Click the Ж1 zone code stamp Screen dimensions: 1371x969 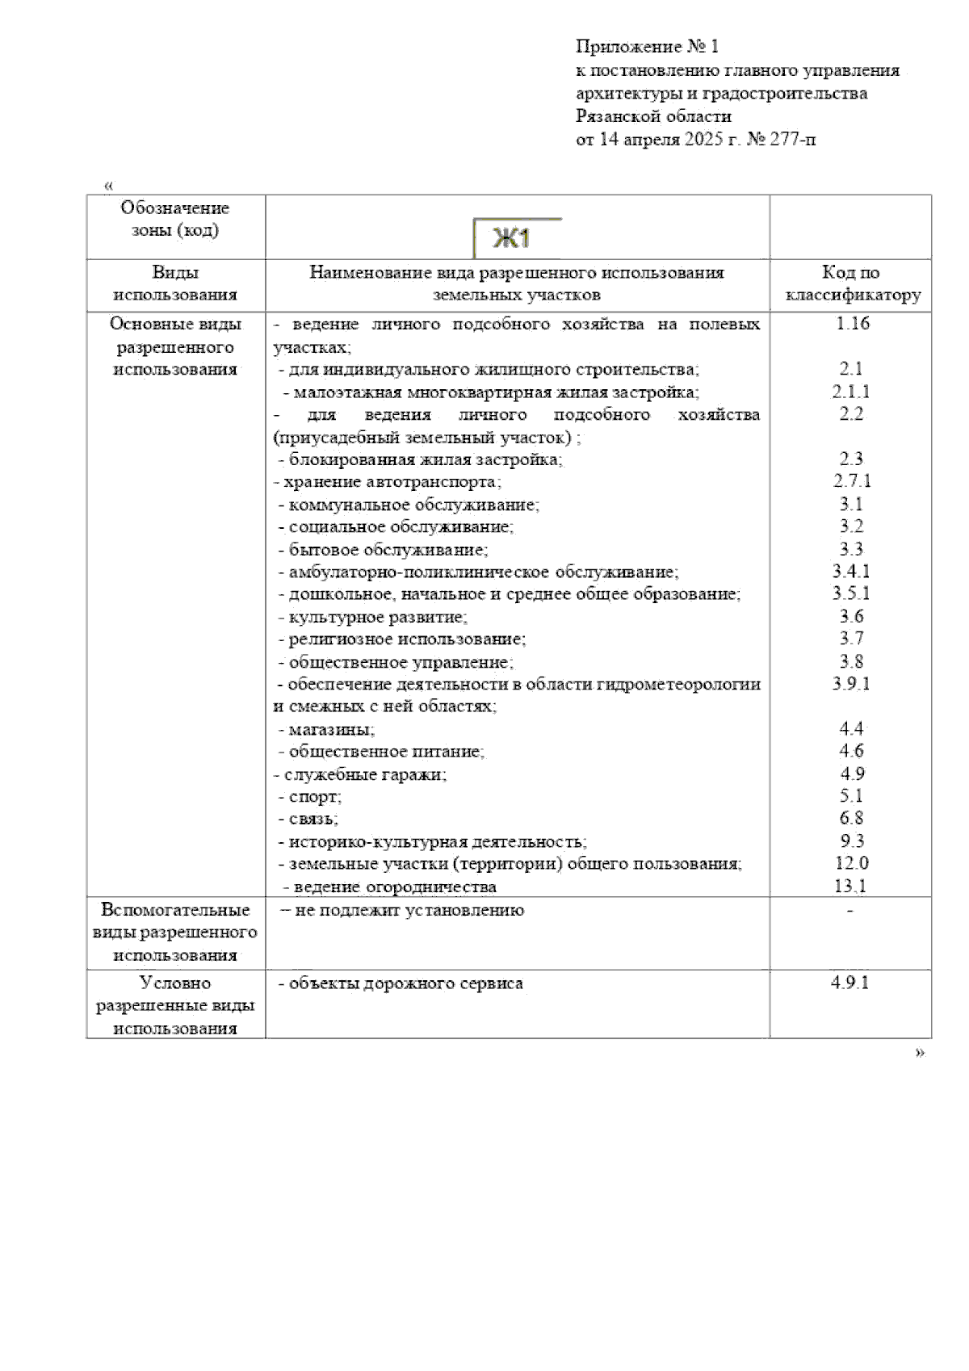pyautogui.click(x=514, y=239)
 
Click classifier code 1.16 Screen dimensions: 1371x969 pyautogui.click(x=852, y=324)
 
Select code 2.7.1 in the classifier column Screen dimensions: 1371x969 pyautogui.click(x=852, y=481)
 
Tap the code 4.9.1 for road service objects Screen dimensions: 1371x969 pyautogui.click(x=849, y=983)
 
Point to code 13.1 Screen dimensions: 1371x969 pyautogui.click(x=850, y=886)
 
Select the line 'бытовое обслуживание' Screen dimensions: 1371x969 pyautogui.click(x=388, y=550)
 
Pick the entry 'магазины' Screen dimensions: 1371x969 pyautogui.click(x=331, y=730)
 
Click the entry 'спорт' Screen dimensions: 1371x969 pyautogui.click(x=315, y=797)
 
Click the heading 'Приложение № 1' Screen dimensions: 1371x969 pyautogui.click(x=647, y=47)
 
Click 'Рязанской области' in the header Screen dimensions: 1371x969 pyautogui.click(x=653, y=116)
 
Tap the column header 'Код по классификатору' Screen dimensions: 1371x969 pyautogui.click(x=852, y=284)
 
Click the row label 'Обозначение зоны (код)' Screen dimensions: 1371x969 pyautogui.click(x=175, y=220)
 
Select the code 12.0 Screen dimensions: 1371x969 pyautogui.click(x=852, y=863)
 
